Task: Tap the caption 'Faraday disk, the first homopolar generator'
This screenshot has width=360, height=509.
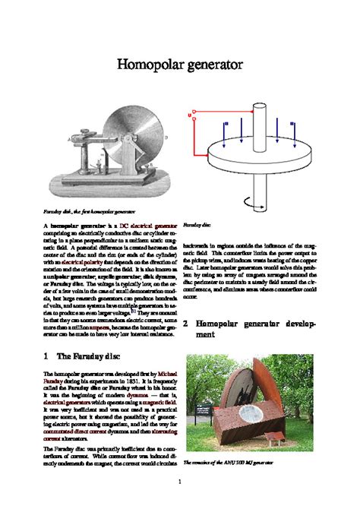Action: point(89,210)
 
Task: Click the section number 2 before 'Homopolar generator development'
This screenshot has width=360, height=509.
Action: point(186,323)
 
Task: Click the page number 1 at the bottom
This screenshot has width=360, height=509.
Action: point(179,482)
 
